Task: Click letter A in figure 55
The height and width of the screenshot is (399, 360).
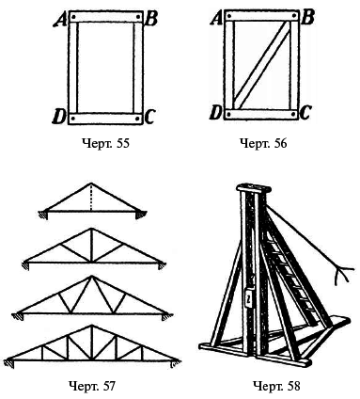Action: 59,21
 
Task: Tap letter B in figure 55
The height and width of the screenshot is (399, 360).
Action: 151,20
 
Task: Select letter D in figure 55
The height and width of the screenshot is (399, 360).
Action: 58,118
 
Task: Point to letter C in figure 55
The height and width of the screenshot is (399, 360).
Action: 149,117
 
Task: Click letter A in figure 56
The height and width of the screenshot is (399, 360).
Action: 216,19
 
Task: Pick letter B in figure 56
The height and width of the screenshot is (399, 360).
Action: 307,18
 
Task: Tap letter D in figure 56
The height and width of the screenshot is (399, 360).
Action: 215,113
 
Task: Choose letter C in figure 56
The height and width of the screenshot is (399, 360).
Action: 305,113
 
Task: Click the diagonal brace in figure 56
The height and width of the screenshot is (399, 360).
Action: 262,65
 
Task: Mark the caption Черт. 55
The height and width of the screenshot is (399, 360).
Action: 105,144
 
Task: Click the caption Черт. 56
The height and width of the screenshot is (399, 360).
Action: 263,144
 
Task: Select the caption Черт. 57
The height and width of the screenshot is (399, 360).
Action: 92,386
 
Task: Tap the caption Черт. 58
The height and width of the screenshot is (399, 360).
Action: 276,386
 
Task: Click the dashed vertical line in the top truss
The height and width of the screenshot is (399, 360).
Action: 91,197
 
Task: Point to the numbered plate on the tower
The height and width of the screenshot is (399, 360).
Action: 248,298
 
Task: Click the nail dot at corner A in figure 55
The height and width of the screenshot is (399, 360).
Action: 73,17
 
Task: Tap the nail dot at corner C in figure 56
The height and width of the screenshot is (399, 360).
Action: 293,114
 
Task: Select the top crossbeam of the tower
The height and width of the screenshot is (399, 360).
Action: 254,188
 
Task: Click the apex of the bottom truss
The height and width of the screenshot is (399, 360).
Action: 91,326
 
